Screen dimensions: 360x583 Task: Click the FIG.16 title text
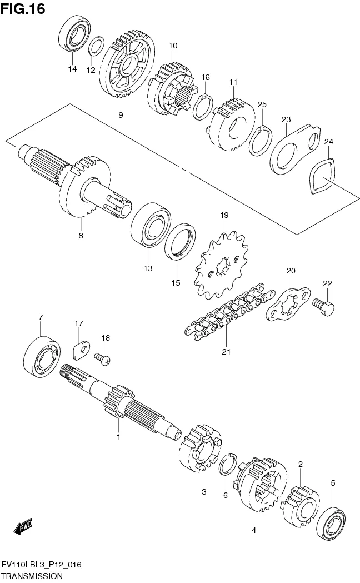tap(23, 8)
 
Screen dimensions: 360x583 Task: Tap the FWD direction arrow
tap(23, 526)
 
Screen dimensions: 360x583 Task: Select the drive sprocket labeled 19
tap(221, 265)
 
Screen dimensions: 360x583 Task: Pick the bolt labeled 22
tap(323, 307)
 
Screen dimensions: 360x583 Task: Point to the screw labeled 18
tap(102, 358)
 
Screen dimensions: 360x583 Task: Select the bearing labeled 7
tap(42, 356)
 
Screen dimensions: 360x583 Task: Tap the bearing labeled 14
tap(74, 34)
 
